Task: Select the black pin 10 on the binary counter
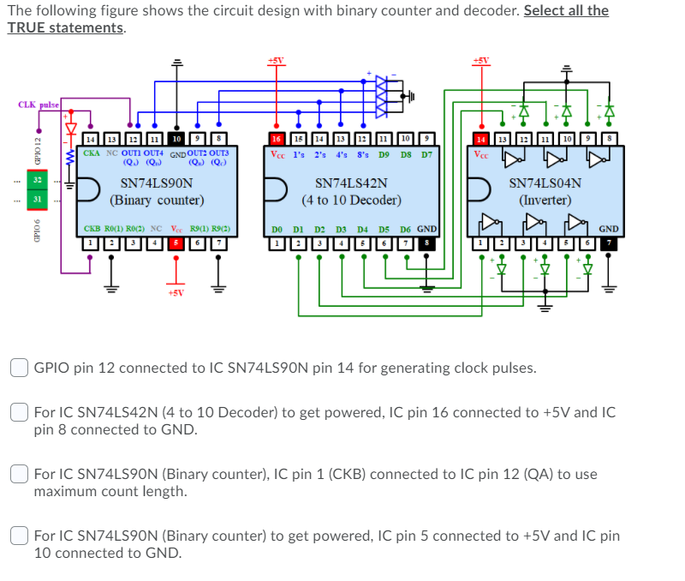(x=176, y=138)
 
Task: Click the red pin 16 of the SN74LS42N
(x=277, y=138)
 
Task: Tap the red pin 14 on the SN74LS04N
(x=480, y=138)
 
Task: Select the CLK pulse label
(x=39, y=105)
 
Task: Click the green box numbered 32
(x=38, y=181)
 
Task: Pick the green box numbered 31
(x=38, y=199)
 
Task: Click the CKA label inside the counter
(x=92, y=153)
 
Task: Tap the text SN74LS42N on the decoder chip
(x=351, y=183)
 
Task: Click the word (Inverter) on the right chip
(x=545, y=200)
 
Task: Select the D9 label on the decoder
(x=384, y=154)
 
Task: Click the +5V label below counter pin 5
(x=176, y=292)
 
